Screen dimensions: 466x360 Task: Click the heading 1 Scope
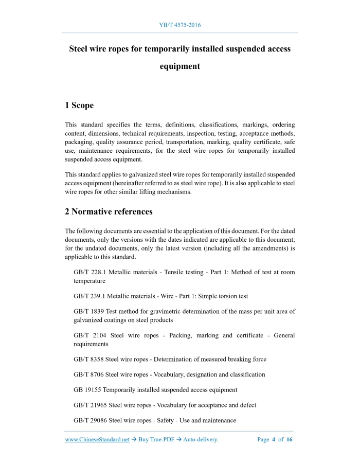coord(79,105)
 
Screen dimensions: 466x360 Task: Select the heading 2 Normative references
coord(109,211)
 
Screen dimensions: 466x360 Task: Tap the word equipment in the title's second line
coord(179,66)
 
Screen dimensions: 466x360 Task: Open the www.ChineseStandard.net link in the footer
coord(97,440)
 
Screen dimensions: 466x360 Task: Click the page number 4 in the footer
coord(274,440)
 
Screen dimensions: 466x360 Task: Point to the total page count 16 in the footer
coord(290,440)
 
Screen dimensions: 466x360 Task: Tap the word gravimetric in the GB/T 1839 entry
coord(158,311)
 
